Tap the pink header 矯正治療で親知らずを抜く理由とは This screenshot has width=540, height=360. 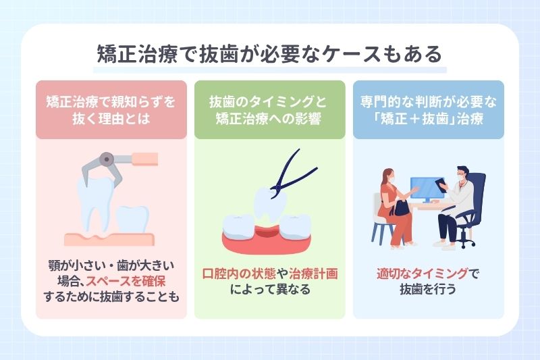[111, 109]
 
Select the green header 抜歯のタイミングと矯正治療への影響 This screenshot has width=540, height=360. [269, 109]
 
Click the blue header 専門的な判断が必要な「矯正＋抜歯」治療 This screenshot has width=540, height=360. [428, 109]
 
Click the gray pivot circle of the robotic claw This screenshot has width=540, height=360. [105, 160]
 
